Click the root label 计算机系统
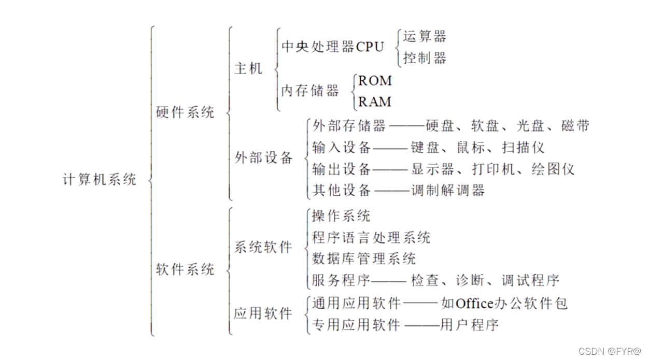point(100,180)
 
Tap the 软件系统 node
point(185,269)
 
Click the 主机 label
point(248,68)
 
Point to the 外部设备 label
point(264,158)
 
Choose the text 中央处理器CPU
point(333,47)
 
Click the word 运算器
point(425,36)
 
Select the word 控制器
point(425,58)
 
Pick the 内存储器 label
point(310,91)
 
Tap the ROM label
point(375,80)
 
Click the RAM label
point(375,102)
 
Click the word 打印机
point(490,169)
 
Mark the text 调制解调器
point(448,191)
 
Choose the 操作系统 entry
point(341,215)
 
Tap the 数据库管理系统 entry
point(364,258)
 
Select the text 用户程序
point(469,325)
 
